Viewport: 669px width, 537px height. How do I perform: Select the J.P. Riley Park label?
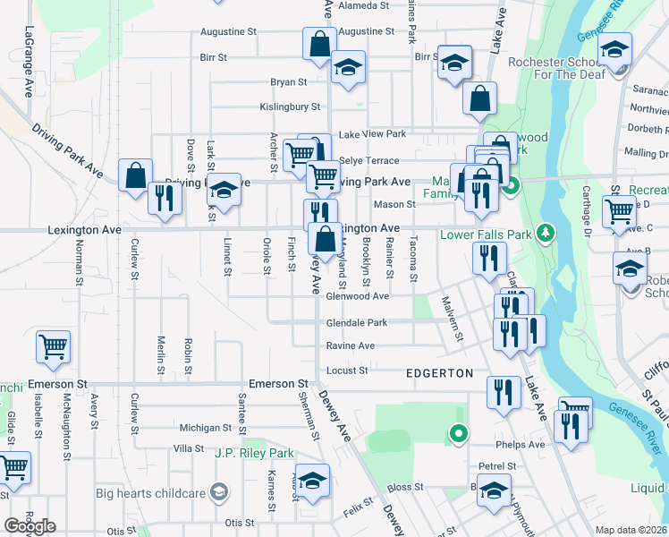tap(255, 454)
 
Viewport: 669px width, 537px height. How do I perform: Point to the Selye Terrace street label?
tap(368, 160)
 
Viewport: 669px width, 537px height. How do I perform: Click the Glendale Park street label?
tap(357, 322)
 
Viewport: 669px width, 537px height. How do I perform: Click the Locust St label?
tap(349, 370)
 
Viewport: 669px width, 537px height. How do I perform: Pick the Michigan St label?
tap(205, 428)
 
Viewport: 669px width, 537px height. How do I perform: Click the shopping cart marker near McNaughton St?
tap(54, 346)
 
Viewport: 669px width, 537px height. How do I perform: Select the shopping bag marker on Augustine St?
tap(320, 44)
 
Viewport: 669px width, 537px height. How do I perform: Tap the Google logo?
tap(30, 526)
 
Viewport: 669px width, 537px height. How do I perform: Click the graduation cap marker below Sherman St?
tap(312, 482)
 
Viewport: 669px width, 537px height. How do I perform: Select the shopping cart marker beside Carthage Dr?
tap(619, 212)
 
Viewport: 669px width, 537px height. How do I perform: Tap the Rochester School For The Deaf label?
tap(556, 70)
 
